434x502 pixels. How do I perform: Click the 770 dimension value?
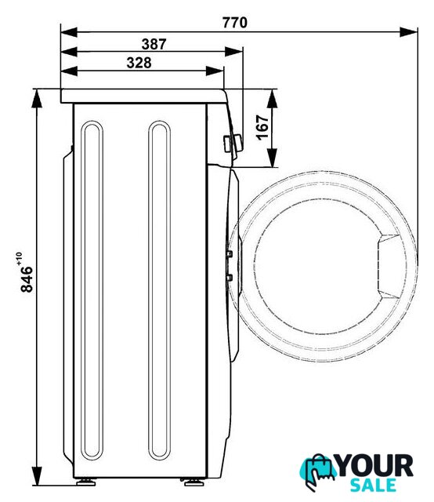(235, 23)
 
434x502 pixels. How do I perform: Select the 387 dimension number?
(154, 44)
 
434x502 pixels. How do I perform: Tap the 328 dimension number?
(139, 63)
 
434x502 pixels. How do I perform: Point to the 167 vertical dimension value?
(262, 127)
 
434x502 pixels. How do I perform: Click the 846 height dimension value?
(27, 279)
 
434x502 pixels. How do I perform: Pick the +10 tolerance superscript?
(19, 259)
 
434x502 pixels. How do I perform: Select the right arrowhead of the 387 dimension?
(233, 52)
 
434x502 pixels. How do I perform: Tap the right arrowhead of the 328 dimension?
(215, 71)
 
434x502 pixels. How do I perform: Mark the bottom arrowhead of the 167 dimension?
(272, 158)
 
